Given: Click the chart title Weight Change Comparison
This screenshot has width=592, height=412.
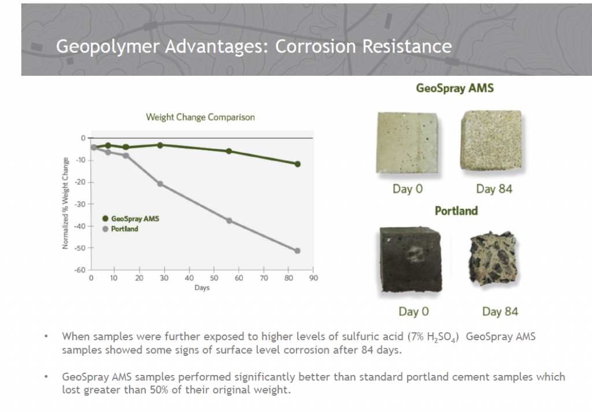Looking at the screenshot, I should (200, 117).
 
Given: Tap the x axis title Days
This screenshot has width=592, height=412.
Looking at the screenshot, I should (202, 288).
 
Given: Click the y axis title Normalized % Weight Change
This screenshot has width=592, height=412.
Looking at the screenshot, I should (66, 203).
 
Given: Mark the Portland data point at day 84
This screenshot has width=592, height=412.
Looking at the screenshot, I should (298, 251).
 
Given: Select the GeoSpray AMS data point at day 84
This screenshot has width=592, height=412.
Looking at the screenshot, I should (298, 164).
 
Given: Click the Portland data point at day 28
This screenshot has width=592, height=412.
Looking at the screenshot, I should (160, 184).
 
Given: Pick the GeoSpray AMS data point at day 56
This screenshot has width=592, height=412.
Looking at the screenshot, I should (229, 151).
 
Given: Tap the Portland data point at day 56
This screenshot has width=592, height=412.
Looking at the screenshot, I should (229, 220).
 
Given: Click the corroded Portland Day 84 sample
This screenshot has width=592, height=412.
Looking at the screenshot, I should (493, 262).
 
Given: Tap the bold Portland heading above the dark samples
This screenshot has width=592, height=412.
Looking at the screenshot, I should (456, 211).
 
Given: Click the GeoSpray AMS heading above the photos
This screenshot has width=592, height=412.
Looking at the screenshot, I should (455, 89).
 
